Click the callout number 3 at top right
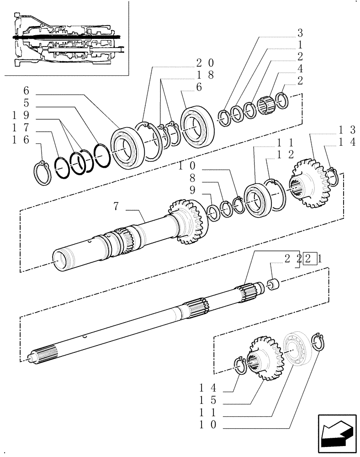coord(300,33)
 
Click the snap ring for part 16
coord(42,174)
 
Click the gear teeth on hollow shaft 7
coord(188,221)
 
